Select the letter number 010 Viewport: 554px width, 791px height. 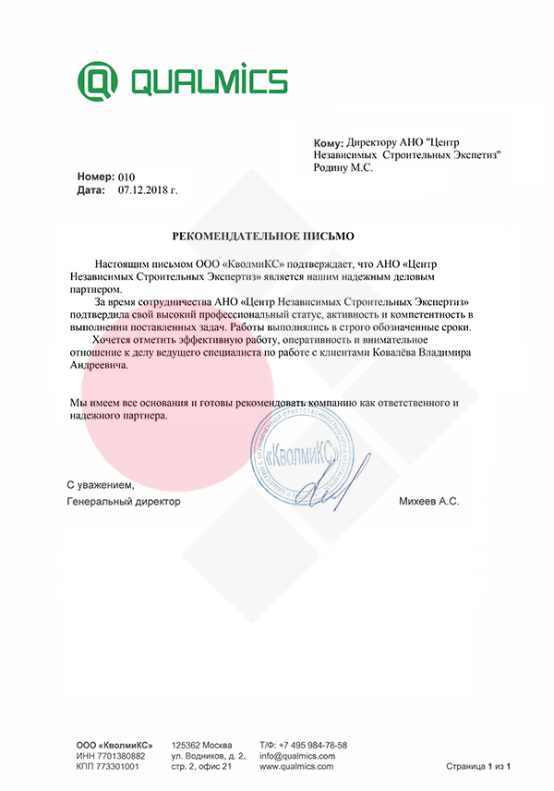(126, 176)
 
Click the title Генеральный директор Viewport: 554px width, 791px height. (125, 500)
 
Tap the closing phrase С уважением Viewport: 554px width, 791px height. (100, 485)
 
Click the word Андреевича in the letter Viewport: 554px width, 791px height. (100, 366)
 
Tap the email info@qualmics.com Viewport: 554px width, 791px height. (296, 756)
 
